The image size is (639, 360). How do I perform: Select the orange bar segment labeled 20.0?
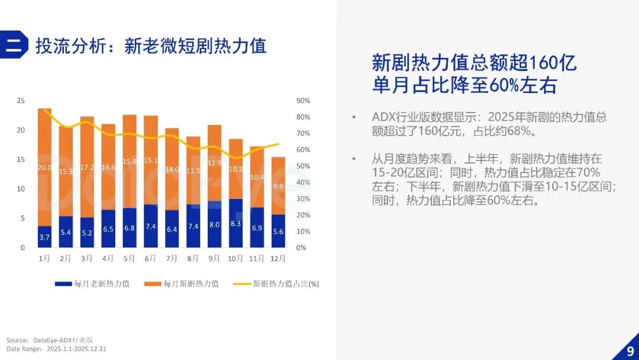(44, 167)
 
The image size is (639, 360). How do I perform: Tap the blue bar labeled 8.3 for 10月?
(235, 223)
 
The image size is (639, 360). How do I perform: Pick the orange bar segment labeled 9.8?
(278, 185)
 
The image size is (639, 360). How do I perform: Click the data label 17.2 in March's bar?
(87, 167)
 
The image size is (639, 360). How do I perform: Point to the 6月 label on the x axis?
(151, 259)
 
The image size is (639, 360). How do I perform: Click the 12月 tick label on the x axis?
(278, 259)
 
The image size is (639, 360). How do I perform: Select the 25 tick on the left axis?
(21, 101)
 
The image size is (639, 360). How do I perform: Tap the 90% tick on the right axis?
(303, 101)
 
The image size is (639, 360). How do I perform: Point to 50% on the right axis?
(303, 166)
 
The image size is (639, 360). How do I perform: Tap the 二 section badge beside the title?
(13, 46)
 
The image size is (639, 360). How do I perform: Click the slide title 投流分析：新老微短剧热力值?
(151, 46)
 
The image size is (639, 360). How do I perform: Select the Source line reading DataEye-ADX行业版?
(50, 340)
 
